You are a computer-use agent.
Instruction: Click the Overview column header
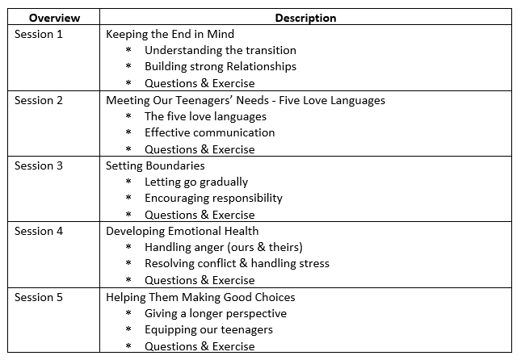coord(54,18)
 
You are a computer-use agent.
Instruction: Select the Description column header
coord(305,18)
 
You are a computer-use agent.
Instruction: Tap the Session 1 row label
coord(39,34)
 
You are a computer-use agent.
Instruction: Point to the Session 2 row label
coord(39,100)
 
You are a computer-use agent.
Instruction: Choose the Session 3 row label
coord(39,165)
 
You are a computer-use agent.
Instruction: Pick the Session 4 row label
coord(39,231)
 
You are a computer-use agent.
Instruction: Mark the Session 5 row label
coord(39,297)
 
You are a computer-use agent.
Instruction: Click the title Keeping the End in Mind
coord(170,34)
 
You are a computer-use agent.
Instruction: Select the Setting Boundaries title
coord(155,165)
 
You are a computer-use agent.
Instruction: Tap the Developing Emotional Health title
coord(182,232)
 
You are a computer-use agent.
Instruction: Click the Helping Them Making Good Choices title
coord(200,297)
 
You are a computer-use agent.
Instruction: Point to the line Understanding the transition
coord(221,50)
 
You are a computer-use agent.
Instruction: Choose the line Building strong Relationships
coord(221,66)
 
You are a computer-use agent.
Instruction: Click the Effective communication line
coord(210,132)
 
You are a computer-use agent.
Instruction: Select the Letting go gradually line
coord(196,182)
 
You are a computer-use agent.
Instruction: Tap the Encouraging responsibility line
coord(213,199)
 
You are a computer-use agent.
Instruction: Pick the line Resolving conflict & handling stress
coord(237,263)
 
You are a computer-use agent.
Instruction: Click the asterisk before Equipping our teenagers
coord(128,329)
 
